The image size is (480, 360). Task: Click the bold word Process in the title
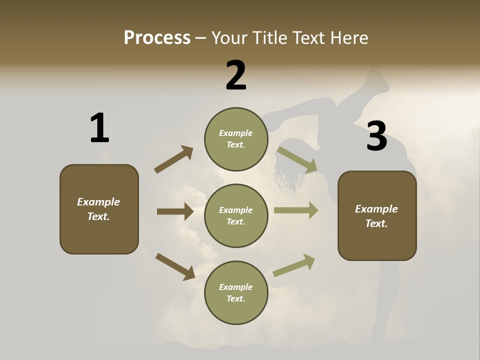point(157,37)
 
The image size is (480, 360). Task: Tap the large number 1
point(99,128)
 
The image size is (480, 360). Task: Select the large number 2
point(236,75)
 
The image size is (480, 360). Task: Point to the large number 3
point(376,136)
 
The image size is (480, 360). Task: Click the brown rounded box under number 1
point(99,209)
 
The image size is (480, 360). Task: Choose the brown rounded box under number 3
point(377,215)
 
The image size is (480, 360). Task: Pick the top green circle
point(236,139)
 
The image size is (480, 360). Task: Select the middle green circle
point(236,215)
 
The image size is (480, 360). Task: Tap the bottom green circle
point(236,292)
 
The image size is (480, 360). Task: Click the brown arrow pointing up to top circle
point(173,159)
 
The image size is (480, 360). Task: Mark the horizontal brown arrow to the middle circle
point(175,211)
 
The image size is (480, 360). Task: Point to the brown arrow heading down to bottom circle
point(175,266)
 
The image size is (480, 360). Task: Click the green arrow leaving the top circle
point(297,159)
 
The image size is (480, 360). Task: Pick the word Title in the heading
point(270,37)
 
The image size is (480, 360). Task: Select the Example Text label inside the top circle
point(236,139)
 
